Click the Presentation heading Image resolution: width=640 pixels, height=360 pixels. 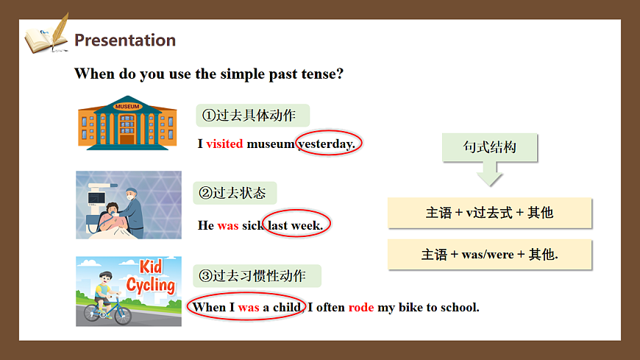[x=125, y=40]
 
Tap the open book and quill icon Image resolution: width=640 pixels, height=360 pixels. [x=46, y=35]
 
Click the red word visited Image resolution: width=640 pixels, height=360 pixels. [x=224, y=144]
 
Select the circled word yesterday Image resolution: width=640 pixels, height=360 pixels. [x=327, y=144]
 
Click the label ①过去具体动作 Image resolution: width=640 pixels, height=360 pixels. [x=249, y=116]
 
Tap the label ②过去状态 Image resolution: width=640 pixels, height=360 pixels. [x=235, y=194]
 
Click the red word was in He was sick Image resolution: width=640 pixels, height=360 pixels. [x=228, y=225]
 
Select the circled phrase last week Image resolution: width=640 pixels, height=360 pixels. [x=296, y=225]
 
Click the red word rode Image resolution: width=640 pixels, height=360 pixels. [x=361, y=307]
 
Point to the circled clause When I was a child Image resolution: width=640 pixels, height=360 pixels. [x=246, y=307]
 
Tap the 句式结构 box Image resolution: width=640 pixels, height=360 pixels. [x=490, y=147]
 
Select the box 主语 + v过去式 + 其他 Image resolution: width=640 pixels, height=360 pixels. [x=490, y=213]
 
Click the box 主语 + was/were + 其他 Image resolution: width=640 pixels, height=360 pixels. [x=490, y=255]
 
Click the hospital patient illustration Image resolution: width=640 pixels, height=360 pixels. [x=129, y=205]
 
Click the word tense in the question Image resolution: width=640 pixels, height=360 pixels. [x=317, y=74]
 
